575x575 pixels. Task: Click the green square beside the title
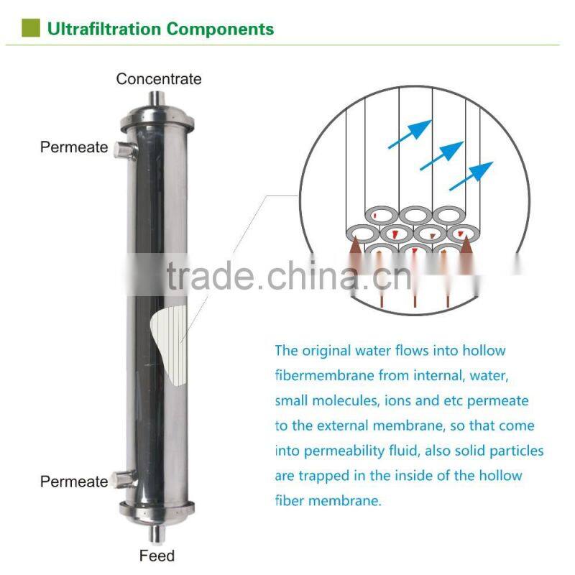coord(31,28)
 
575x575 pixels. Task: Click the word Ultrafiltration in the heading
coord(104,29)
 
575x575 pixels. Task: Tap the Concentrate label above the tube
coord(159,79)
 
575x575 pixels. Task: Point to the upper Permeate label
coord(74,147)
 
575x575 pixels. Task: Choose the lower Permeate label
coord(74,482)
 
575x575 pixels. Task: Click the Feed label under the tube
coord(157,556)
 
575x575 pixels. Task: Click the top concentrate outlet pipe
coord(157,99)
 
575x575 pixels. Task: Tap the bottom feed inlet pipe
coord(157,533)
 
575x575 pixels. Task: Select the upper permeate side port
coord(124,150)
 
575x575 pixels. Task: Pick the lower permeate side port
coord(124,479)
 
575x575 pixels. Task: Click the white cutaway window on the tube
coord(170,346)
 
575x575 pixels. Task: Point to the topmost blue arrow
coord(410,134)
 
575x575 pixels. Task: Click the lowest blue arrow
coord(471,175)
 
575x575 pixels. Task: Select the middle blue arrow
coord(442,155)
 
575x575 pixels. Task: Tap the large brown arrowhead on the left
coord(354,246)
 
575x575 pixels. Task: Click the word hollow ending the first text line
coord(484,351)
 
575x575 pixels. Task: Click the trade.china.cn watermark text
coord(289,276)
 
